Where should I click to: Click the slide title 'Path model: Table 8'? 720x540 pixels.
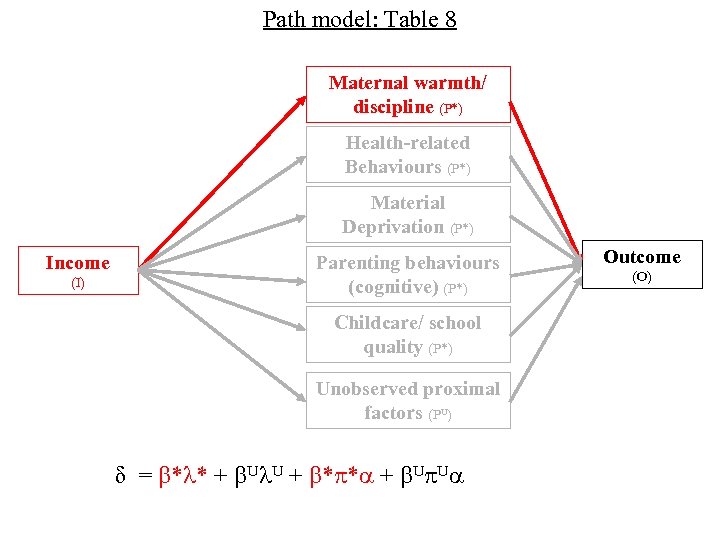tap(359, 19)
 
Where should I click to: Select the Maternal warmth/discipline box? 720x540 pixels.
tap(407, 94)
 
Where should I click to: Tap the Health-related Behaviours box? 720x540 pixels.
tap(407, 154)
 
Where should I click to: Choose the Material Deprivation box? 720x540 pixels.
tap(407, 214)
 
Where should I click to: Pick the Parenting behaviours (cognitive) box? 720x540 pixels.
tap(407, 274)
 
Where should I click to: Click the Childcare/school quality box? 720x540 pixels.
tap(407, 334)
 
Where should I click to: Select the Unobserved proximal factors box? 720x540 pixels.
tap(407, 400)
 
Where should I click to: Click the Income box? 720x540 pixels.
tap(78, 271)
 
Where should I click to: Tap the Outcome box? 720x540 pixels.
tap(641, 265)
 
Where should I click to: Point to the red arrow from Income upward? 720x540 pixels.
tap(220, 181)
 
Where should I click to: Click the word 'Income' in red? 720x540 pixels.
tap(78, 263)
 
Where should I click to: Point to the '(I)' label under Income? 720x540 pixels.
tap(78, 284)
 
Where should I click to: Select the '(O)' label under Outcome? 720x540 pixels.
tap(641, 277)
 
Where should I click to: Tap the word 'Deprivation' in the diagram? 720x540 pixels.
tap(392, 227)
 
